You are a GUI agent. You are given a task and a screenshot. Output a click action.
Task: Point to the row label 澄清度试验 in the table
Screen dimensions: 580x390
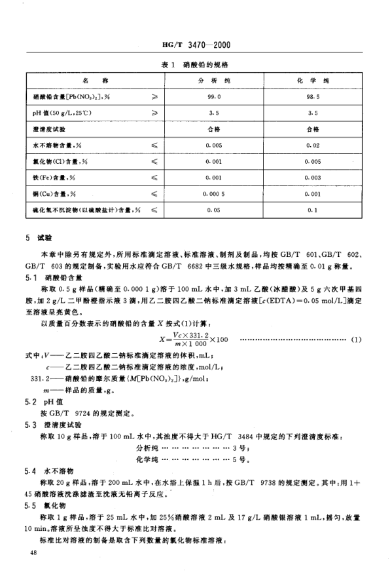tap(48, 129)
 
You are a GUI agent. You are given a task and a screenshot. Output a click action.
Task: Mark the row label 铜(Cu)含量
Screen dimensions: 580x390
tap(52, 195)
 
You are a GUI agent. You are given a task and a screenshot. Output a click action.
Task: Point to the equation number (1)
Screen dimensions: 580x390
tap(356, 320)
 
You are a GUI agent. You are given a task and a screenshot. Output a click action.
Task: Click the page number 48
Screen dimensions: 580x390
tap(35, 554)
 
